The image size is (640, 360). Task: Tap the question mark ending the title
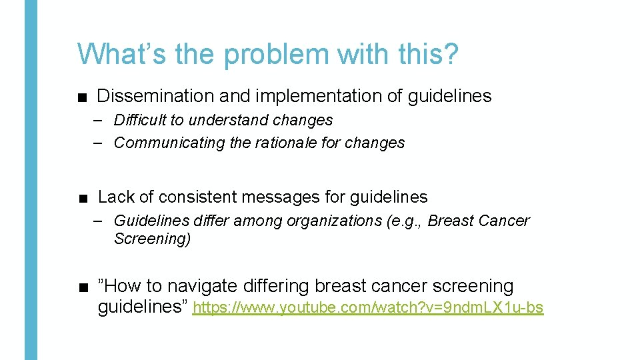click(451, 53)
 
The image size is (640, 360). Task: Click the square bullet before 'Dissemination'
click(82, 97)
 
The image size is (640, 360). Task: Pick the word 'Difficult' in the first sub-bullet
click(140, 121)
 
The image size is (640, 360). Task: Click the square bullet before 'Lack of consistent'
click(82, 198)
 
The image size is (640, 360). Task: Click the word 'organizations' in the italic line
click(337, 221)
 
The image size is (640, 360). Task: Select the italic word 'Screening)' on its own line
click(152, 239)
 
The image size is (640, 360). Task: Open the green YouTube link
click(368, 308)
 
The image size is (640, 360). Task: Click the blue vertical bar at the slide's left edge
click(31, 180)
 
